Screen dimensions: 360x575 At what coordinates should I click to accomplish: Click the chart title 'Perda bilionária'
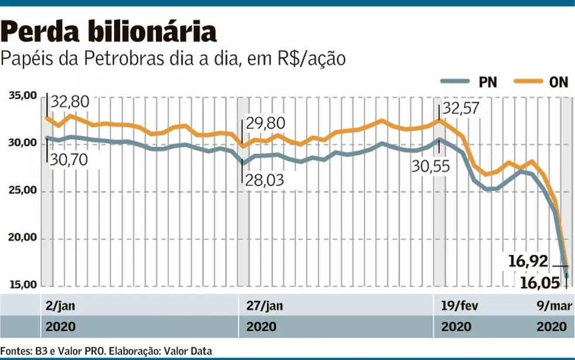pos(110,32)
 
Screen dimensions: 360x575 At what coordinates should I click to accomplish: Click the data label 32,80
pos(70,102)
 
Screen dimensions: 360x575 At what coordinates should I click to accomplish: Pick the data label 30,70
pos(69,158)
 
